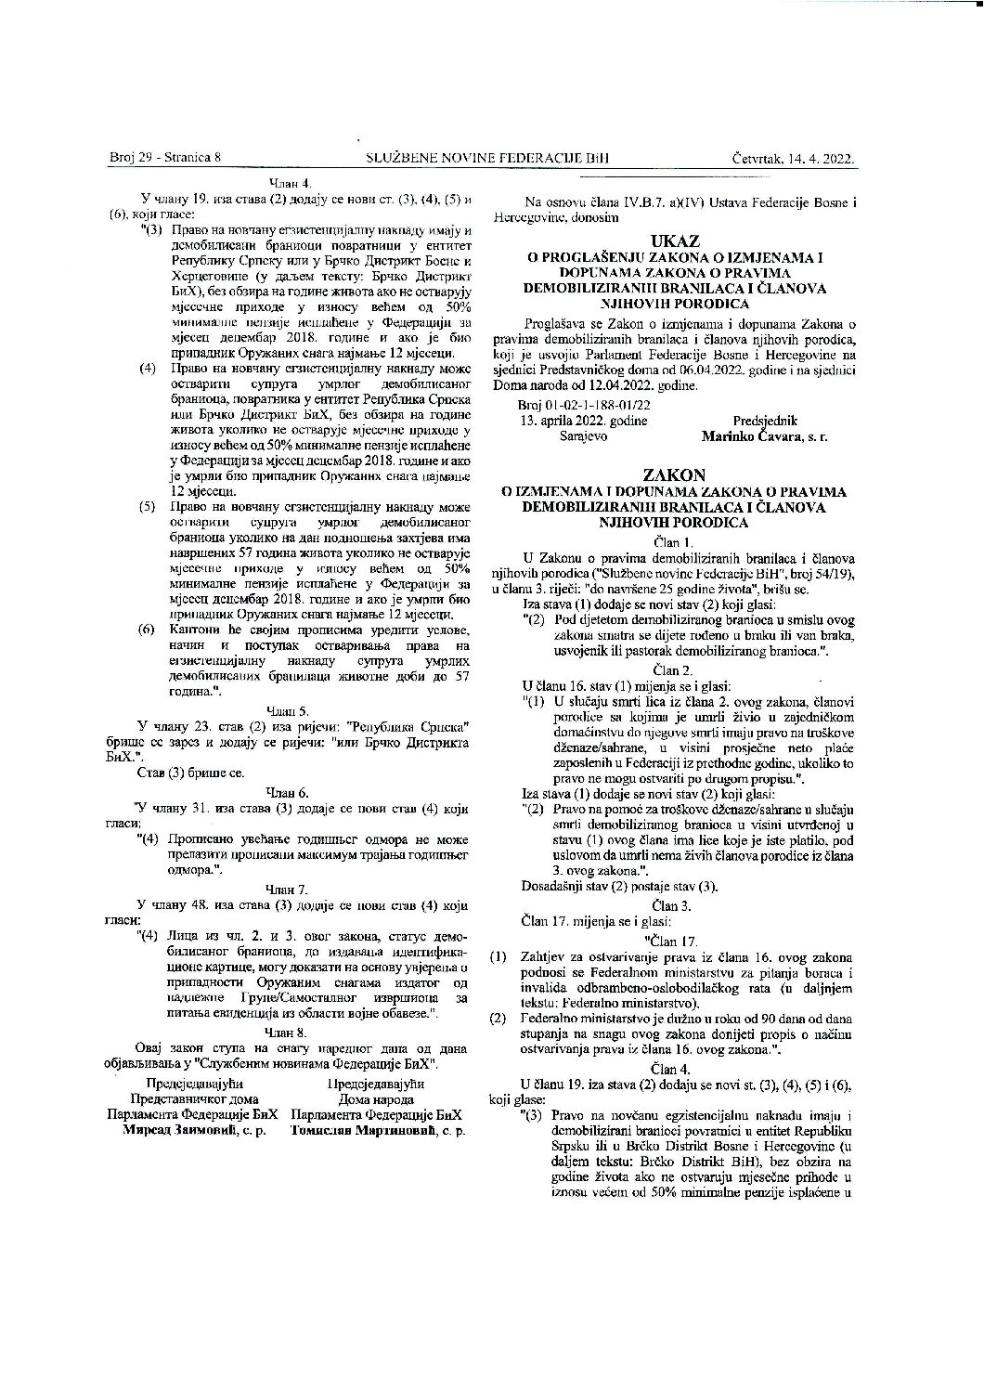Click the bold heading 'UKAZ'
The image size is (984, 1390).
[675, 242]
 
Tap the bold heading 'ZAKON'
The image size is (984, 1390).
[675, 474]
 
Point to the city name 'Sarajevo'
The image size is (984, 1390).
[583, 435]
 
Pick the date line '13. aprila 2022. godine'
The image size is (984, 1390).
[584, 421]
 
